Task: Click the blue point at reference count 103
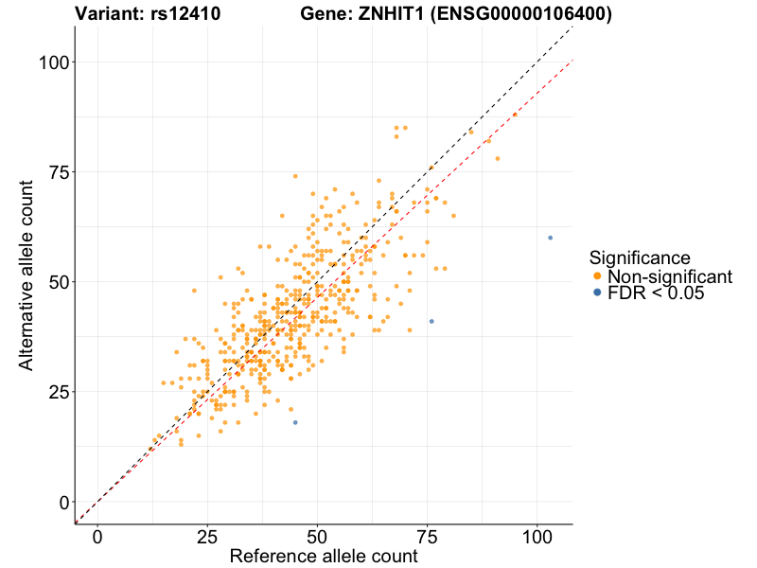coord(550,238)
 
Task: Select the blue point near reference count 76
coord(431,321)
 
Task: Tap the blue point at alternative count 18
coord(295,422)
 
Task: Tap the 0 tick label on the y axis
coord(62,502)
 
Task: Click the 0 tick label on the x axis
coord(97,535)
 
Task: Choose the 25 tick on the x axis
coord(207,535)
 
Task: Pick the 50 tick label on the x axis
coord(317,535)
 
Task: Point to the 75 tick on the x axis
coord(427,535)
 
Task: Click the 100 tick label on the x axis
coord(537,535)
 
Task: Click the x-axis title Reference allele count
coord(324,556)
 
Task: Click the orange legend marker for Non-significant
coord(596,276)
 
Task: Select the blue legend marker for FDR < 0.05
coord(596,293)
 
